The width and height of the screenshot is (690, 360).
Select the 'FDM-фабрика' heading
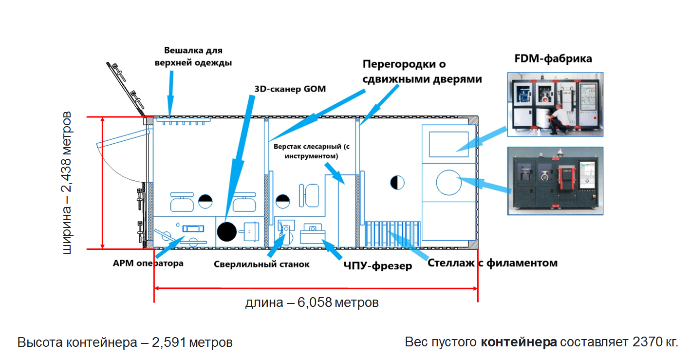coord(553,59)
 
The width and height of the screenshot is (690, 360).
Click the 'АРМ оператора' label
coord(148,263)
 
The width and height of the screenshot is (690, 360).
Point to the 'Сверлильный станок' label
coord(261,265)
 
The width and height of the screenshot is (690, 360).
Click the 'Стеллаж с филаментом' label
coord(492,263)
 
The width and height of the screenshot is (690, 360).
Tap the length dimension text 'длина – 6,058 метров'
coord(312,303)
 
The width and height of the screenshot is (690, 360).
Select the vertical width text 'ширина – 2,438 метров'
coord(68,183)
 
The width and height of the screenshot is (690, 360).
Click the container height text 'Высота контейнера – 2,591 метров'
coord(125,342)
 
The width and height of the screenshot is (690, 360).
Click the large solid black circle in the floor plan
coord(226,231)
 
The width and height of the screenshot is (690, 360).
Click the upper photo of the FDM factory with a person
coord(555,104)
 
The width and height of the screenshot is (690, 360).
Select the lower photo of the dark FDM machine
coord(555,181)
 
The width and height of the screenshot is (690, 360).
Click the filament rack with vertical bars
coord(392,234)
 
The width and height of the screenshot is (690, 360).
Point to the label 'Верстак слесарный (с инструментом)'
coord(312,151)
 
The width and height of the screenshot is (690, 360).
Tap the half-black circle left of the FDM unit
coord(397,183)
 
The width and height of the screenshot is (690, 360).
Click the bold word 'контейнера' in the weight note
coord(519,342)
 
